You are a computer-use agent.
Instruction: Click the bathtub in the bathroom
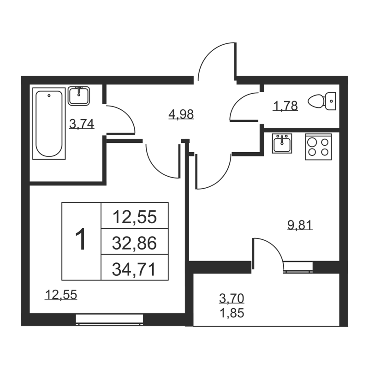pyautogui.click(x=49, y=124)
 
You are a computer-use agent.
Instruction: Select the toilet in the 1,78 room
pyautogui.click(x=323, y=101)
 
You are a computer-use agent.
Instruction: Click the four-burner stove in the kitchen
pyautogui.click(x=318, y=147)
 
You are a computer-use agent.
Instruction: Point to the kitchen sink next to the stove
pyautogui.click(x=281, y=144)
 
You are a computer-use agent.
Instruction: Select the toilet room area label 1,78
pyautogui.click(x=286, y=106)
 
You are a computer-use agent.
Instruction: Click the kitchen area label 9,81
pyautogui.click(x=299, y=225)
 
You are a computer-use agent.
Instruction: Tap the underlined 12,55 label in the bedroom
pyautogui.click(x=60, y=294)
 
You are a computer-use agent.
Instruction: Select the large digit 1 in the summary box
pyautogui.click(x=81, y=241)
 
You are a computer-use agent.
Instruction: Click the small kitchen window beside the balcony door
pyautogui.click(x=298, y=268)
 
